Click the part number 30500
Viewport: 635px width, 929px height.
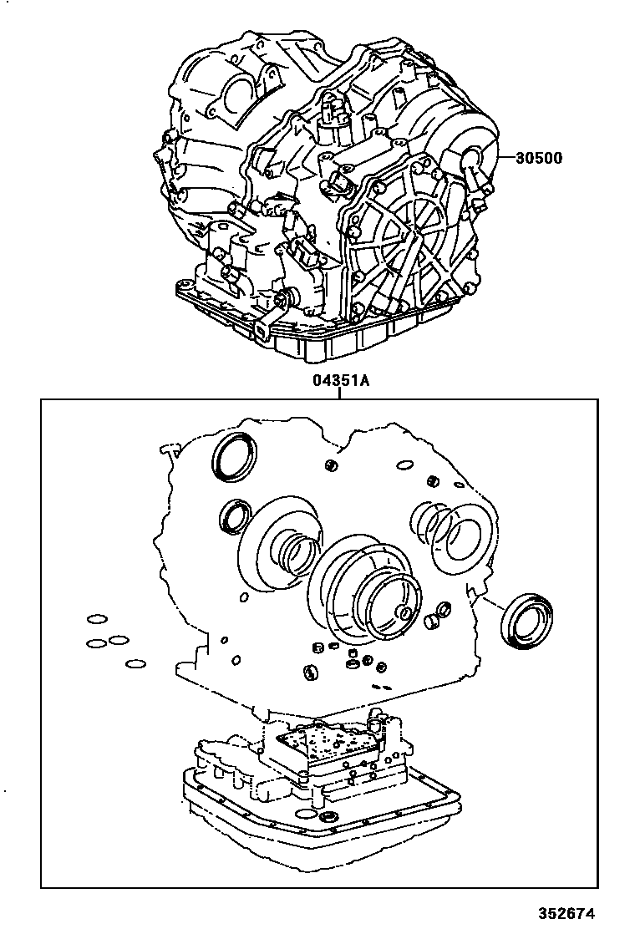click(540, 158)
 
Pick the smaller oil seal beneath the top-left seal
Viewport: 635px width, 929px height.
click(233, 515)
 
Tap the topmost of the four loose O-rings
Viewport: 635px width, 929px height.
click(97, 620)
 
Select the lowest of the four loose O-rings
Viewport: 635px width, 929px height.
click(135, 665)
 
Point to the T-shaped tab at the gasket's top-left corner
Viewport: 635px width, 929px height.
click(166, 451)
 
